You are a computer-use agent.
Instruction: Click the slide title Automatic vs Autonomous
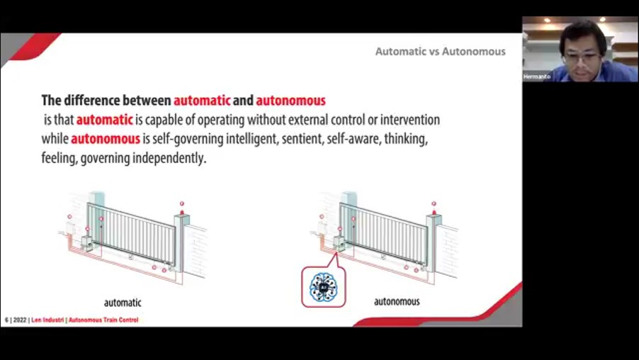point(440,51)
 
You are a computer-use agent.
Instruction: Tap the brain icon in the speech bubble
point(323,286)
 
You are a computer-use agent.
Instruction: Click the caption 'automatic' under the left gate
point(123,303)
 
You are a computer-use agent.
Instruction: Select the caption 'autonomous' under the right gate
point(397,302)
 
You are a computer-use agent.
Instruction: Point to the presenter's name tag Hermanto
point(537,77)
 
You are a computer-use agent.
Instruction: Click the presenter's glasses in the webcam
point(583,57)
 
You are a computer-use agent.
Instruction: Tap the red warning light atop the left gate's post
point(182,212)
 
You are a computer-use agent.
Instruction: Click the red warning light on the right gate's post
point(434,212)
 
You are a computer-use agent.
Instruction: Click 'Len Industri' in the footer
point(47,320)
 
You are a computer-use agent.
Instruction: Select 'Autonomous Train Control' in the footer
point(103,320)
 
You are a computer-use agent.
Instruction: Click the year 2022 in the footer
point(20,320)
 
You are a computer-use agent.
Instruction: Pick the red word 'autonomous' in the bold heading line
point(290,101)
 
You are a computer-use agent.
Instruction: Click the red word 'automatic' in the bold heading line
point(202,101)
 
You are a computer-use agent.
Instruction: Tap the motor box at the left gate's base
point(87,243)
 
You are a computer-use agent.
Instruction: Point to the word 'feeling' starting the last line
point(60,158)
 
